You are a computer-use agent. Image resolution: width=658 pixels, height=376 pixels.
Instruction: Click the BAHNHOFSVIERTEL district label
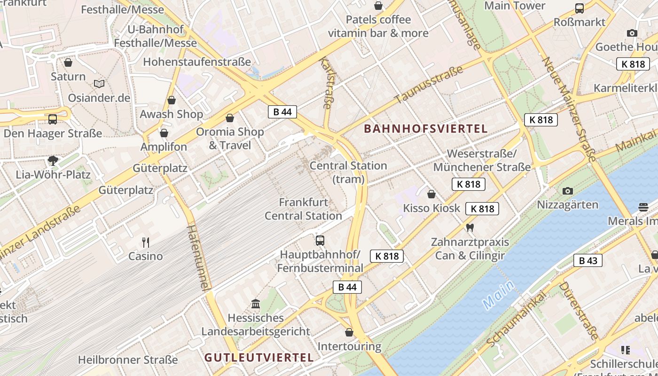click(426, 129)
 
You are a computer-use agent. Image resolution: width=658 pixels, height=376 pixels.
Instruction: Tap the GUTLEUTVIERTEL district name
click(259, 358)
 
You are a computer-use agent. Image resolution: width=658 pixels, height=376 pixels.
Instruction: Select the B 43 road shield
click(587, 260)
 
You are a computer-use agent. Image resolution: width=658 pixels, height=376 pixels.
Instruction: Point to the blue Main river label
click(498, 295)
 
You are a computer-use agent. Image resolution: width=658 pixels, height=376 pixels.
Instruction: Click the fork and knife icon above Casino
click(146, 243)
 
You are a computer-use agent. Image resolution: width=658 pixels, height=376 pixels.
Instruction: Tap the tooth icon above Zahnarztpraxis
click(469, 228)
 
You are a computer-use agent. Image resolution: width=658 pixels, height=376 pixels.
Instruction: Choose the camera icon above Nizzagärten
click(568, 191)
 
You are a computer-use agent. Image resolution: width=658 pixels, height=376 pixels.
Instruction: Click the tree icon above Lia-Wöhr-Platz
click(53, 161)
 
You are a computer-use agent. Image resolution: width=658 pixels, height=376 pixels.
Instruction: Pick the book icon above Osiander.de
click(99, 84)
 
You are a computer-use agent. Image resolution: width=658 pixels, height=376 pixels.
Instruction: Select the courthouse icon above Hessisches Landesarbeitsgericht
click(256, 304)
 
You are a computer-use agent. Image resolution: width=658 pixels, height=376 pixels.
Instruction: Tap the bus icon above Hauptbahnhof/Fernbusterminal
click(320, 241)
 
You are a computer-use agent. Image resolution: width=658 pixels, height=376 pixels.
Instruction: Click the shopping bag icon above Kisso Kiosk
click(431, 194)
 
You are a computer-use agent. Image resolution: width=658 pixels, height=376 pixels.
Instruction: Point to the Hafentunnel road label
click(198, 257)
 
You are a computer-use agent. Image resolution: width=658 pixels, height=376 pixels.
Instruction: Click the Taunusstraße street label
click(429, 85)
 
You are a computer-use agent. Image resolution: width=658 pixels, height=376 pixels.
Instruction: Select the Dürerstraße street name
click(579, 311)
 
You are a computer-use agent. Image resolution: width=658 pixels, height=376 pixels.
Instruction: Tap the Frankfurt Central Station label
click(303, 209)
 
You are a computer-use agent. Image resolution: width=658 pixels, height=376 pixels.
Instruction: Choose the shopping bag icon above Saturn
click(68, 63)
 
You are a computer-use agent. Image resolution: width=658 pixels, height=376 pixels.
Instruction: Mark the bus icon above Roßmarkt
click(580, 8)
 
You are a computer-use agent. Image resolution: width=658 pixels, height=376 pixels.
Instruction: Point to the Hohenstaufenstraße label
click(197, 62)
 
